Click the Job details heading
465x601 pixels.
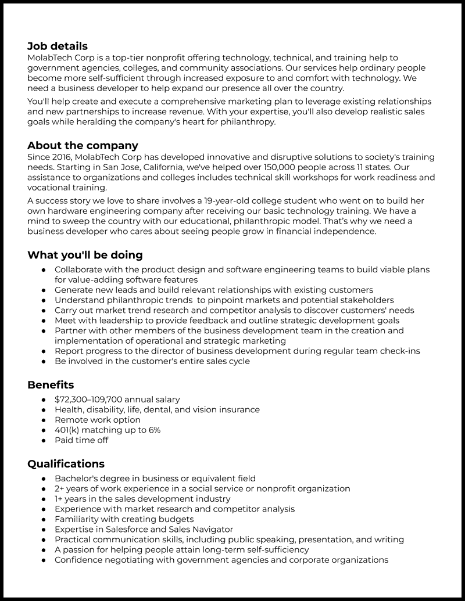pos(58,46)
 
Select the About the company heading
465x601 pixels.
pos(83,145)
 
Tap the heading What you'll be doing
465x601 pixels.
pos(85,255)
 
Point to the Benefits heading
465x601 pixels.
pos(51,384)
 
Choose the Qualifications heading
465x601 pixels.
pos(66,463)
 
